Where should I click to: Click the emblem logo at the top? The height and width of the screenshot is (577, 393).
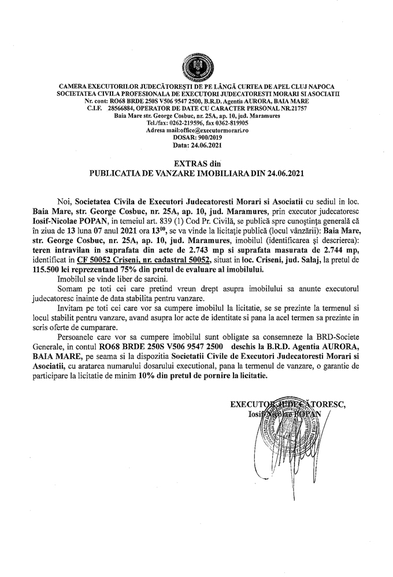pyautogui.click(x=196, y=65)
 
